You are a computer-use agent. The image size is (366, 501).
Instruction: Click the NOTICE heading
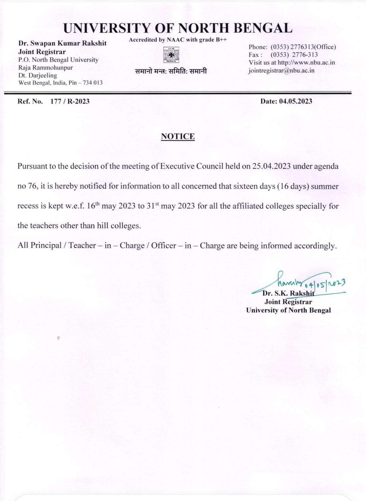click(x=178, y=136)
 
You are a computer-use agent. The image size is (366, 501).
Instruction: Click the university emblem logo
click(x=171, y=55)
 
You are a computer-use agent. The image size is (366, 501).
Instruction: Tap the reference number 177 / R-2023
click(x=70, y=101)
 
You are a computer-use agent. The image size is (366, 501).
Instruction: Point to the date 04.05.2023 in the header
click(x=295, y=101)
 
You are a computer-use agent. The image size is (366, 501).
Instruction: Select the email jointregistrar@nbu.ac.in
click(x=281, y=70)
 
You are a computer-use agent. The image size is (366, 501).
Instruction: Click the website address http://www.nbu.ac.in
click(x=306, y=63)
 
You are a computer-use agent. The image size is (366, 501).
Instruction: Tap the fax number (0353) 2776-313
click(x=294, y=55)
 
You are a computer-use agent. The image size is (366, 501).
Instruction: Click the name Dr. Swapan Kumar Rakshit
click(x=62, y=43)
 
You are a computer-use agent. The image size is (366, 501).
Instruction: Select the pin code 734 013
click(x=93, y=83)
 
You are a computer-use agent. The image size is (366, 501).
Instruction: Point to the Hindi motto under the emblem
click(x=171, y=71)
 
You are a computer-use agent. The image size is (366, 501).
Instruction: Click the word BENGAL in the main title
click(x=263, y=28)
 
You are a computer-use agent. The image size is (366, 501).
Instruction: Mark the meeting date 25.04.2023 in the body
click(x=271, y=166)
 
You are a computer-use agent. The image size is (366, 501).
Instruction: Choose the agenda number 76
click(x=33, y=186)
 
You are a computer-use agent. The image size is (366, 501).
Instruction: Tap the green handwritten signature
click(x=305, y=281)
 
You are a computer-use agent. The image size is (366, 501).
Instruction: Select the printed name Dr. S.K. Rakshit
click(x=288, y=293)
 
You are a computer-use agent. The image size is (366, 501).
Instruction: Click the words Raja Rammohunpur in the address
click(x=45, y=67)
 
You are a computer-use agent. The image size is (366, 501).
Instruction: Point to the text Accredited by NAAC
click(x=157, y=40)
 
